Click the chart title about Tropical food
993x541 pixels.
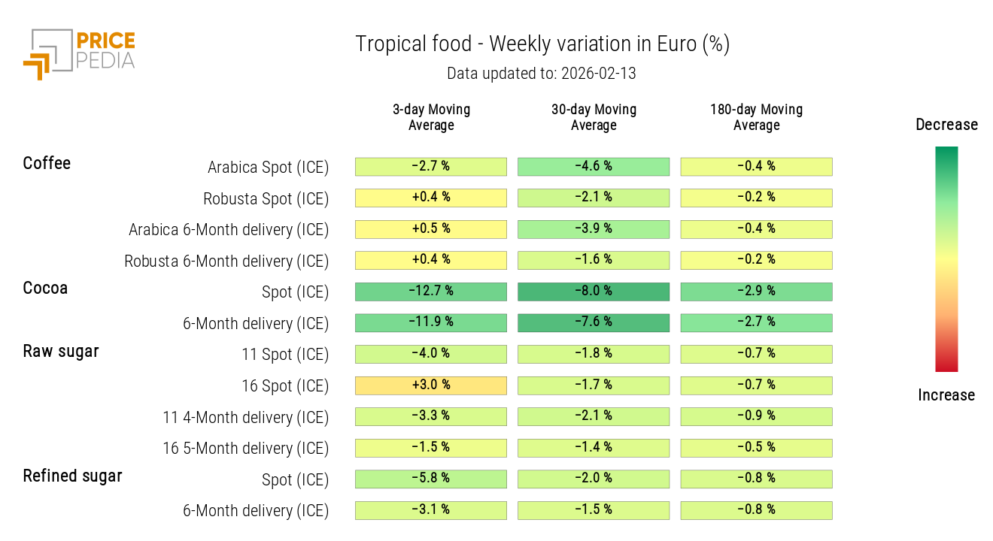[542, 44]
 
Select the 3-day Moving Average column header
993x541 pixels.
[431, 117]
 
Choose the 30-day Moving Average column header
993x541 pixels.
[594, 117]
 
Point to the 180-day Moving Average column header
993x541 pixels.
[756, 117]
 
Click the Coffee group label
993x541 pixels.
[47, 164]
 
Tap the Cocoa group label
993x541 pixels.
[45, 289]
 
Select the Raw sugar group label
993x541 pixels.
[61, 352]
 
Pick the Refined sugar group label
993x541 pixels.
[72, 476]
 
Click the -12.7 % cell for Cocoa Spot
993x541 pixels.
[431, 292]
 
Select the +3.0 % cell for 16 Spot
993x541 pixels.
[431, 385]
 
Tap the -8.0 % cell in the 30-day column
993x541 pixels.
[594, 292]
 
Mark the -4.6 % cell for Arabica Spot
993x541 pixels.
[594, 166]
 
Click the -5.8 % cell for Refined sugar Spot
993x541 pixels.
[431, 479]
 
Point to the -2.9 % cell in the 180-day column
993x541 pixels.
[756, 292]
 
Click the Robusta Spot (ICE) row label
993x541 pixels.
[266, 199]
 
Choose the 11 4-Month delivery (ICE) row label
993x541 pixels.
[246, 418]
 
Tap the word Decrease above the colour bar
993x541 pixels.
[946, 125]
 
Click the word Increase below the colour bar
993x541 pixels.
[946, 395]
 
